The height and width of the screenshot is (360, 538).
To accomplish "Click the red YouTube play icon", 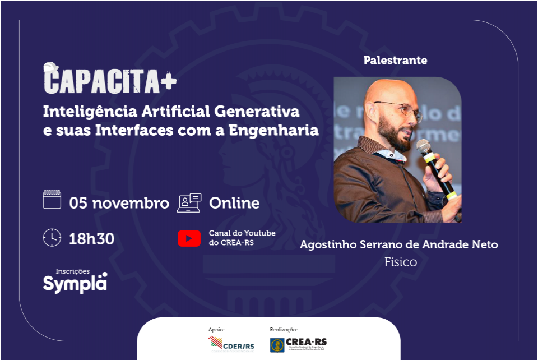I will [189, 238].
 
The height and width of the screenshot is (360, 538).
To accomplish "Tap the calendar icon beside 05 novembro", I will [52, 200].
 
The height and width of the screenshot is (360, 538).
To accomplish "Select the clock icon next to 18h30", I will [52, 238].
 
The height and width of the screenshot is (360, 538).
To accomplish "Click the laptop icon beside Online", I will [189, 202].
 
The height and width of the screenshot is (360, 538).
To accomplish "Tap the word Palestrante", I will [395, 60].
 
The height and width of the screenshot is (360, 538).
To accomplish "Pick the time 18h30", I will [91, 239].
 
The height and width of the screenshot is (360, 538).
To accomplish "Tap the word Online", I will [234, 203].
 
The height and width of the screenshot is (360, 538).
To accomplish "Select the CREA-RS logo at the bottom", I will [298, 344].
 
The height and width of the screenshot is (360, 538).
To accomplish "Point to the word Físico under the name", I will [401, 262].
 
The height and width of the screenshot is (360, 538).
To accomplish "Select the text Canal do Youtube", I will [242, 233].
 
